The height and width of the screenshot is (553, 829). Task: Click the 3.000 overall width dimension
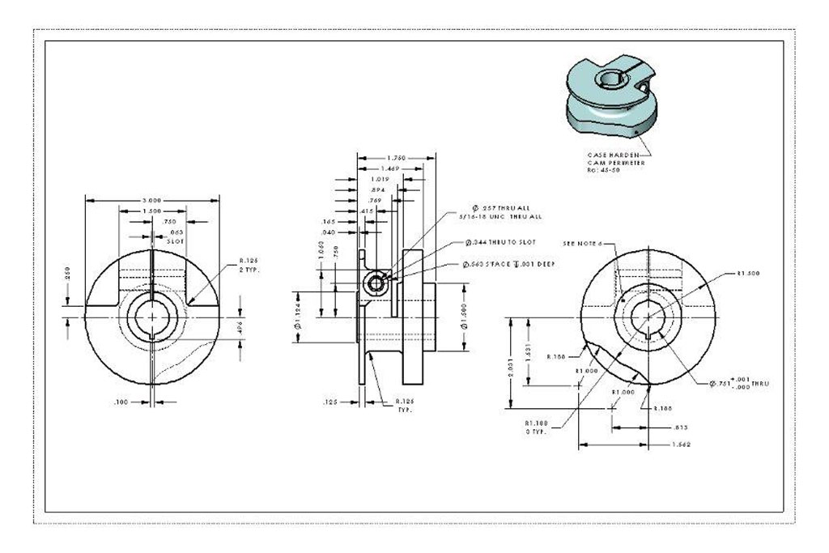point(152,200)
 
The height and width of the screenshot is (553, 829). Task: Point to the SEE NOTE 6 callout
point(588,242)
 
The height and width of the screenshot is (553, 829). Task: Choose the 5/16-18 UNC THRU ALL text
point(501,216)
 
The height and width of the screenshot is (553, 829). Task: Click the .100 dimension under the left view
point(121,401)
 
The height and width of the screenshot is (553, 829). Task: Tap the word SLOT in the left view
point(175,241)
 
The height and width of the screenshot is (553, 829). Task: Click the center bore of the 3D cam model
point(606,79)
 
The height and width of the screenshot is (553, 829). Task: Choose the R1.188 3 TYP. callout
point(536,427)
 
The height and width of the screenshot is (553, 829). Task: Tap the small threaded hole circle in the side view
point(375,281)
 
